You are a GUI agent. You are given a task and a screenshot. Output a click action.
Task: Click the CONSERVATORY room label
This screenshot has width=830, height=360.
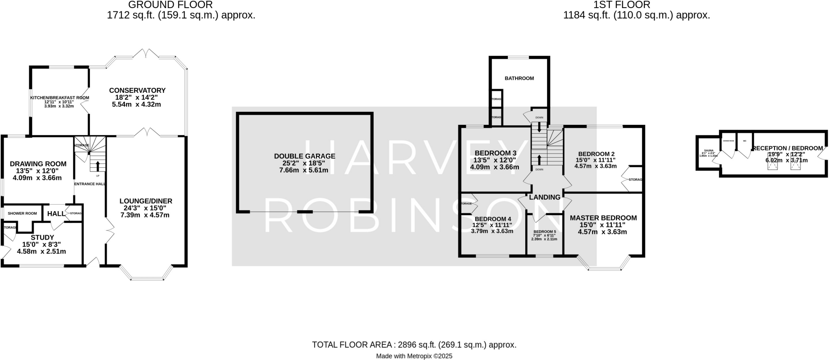pos(137,90)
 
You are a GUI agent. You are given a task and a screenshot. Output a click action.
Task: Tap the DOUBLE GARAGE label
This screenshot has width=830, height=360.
pos(304,156)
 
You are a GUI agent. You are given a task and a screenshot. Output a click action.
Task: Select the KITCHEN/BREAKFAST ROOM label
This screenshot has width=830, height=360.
pos(60,98)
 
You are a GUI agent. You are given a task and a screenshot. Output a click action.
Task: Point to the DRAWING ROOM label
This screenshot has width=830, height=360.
pos(38,164)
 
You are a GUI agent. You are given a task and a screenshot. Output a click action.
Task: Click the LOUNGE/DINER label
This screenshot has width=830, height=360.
pos(145,201)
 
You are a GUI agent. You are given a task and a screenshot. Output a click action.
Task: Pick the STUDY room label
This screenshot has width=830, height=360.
pos(42,238)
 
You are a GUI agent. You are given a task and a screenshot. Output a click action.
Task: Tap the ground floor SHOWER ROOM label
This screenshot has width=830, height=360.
pos(22,214)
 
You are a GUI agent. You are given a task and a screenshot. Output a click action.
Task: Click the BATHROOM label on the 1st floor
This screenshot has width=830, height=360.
pos(519,78)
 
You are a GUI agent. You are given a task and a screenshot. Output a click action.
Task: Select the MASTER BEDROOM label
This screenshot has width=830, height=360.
pos(603,218)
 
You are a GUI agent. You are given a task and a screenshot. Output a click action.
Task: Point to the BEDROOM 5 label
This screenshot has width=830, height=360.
pos(544,232)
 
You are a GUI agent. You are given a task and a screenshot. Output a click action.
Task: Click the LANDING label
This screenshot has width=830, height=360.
pos(545,197)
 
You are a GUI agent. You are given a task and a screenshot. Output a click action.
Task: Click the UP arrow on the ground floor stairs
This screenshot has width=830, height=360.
pos(98,165)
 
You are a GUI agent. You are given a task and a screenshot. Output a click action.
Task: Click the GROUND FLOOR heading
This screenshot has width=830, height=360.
pos(170,5)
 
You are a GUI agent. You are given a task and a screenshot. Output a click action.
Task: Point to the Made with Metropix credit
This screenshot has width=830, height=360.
pos(414,356)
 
